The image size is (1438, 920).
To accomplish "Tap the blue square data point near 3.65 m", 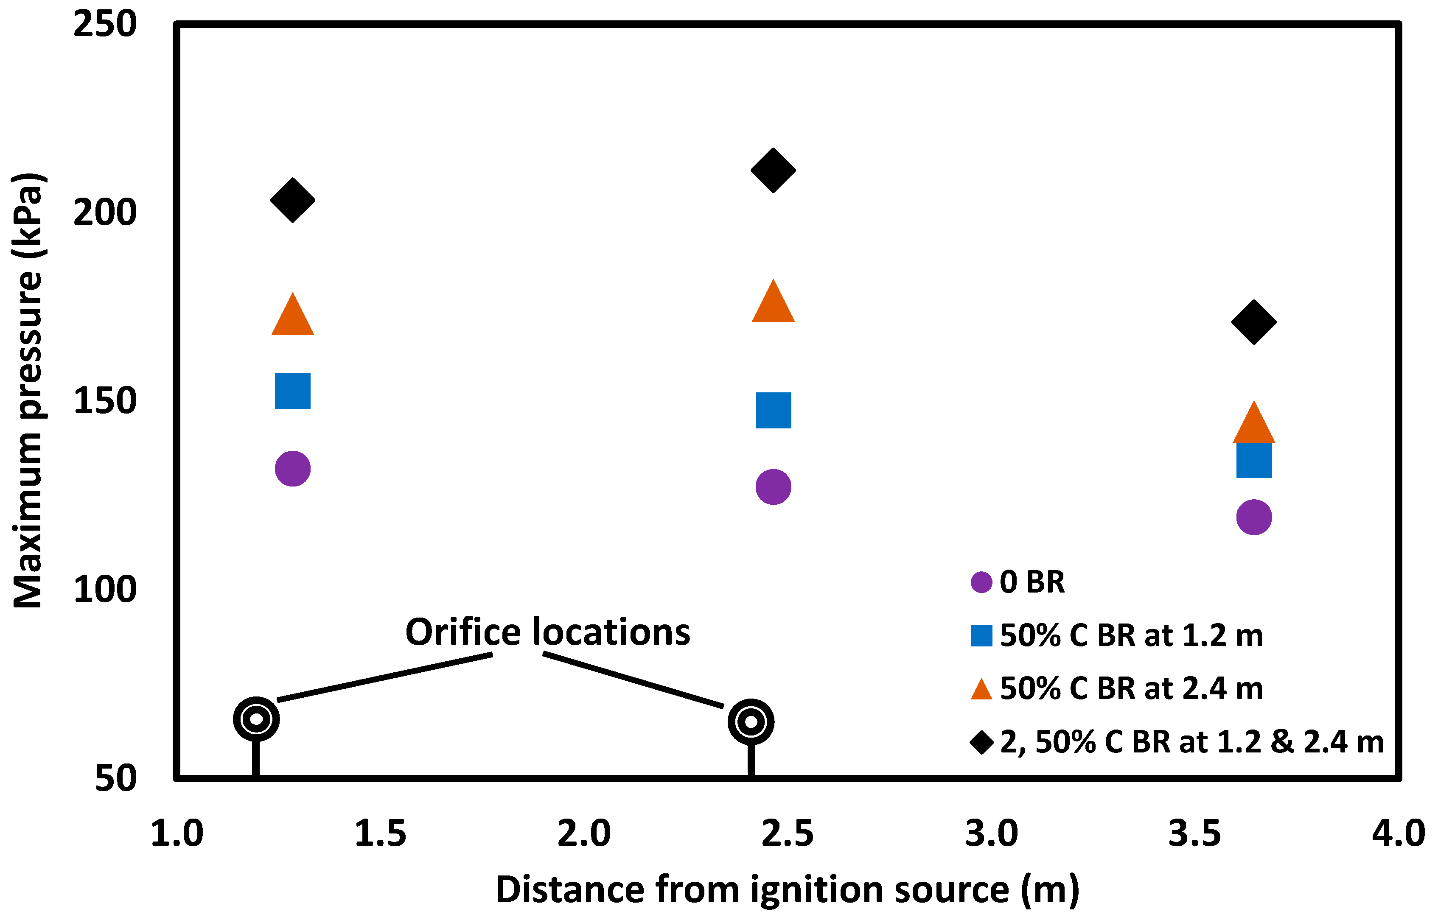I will (x=1254, y=460).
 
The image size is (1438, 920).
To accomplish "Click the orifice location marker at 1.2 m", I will (x=256, y=719).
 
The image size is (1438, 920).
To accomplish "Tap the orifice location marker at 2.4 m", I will (x=751, y=721).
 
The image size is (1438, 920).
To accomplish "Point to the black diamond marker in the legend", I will (x=981, y=742).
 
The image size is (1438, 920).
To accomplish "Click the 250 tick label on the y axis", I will (x=104, y=25).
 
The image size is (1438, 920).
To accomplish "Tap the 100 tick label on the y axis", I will (x=104, y=590).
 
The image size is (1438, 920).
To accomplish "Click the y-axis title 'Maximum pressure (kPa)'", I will (x=29, y=391).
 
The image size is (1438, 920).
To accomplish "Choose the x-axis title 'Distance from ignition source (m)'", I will (x=787, y=890).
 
